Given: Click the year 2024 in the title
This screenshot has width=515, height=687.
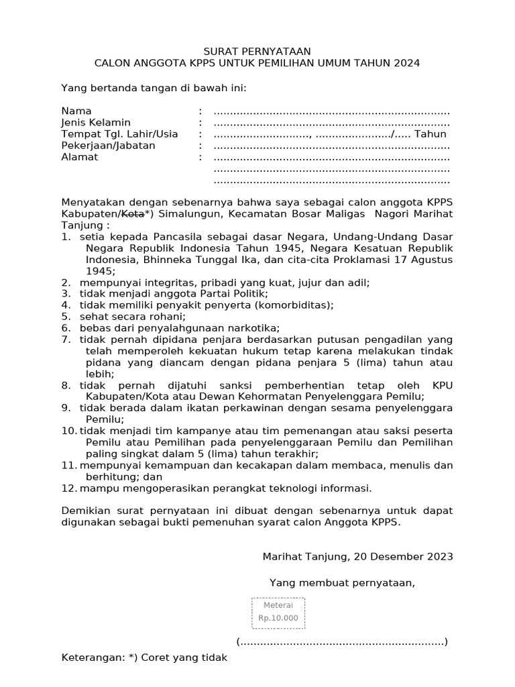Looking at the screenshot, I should [x=406, y=63].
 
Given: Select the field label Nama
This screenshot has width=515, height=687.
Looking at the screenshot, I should [x=76, y=111].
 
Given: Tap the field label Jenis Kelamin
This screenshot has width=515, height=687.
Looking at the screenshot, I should [x=96, y=123].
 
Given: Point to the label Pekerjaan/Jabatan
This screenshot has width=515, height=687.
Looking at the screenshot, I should [x=108, y=146].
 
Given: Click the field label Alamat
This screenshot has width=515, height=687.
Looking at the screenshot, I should [x=80, y=157].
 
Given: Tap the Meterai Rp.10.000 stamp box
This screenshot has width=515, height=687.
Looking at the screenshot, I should [x=278, y=613].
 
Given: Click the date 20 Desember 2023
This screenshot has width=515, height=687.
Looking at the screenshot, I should [x=402, y=556].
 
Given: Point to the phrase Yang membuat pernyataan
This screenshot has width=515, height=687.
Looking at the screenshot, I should [x=342, y=582].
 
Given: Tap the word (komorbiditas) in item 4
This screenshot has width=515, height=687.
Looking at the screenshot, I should [x=293, y=305].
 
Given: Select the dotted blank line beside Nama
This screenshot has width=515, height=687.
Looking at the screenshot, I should [x=331, y=111].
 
